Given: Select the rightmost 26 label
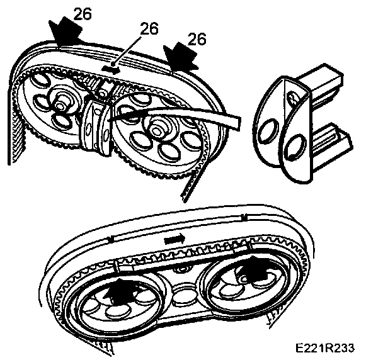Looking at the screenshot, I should pos(197,39).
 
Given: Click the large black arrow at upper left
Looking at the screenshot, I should pos(66,31).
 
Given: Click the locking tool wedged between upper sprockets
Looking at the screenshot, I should pos(94,123).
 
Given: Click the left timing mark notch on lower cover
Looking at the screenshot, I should pos(111,239).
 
